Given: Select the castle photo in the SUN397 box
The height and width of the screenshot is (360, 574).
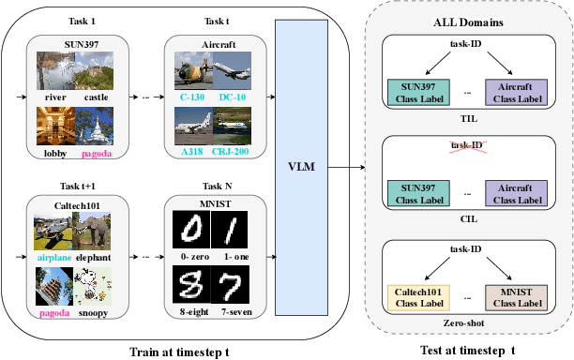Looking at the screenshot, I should click(x=96, y=71).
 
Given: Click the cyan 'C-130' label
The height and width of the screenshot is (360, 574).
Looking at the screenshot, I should click(x=193, y=96).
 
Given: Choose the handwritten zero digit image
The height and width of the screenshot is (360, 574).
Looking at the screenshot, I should click(x=193, y=230).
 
